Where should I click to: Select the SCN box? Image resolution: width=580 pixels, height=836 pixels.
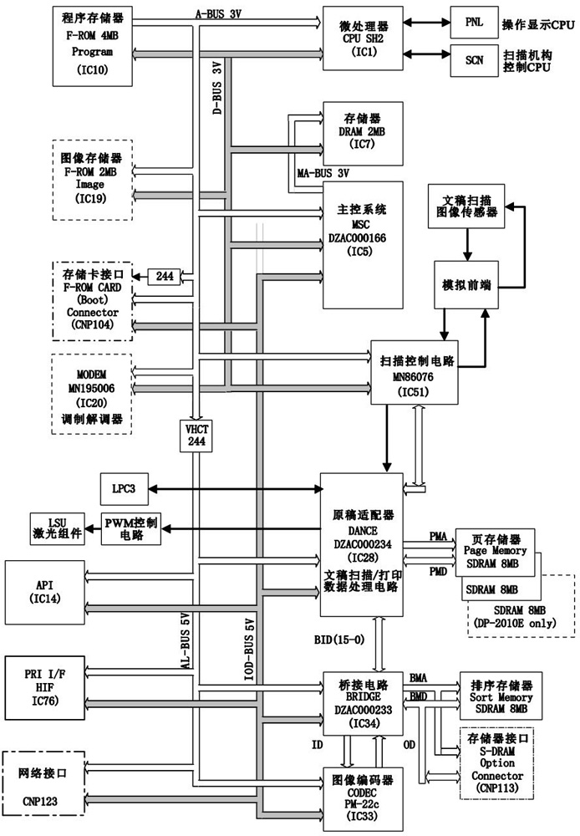point(472,60)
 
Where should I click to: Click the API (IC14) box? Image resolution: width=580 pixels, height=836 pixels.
point(45,591)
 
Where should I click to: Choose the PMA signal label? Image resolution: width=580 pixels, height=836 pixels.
point(439,535)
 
